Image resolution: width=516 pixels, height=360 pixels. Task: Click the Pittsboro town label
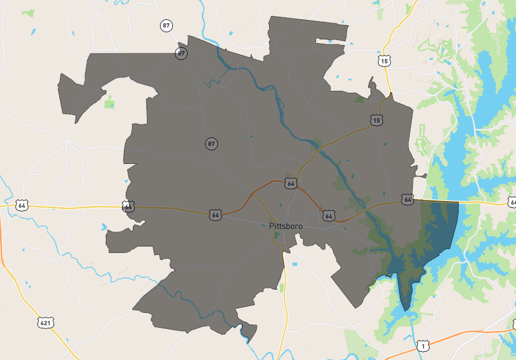coord(286,226)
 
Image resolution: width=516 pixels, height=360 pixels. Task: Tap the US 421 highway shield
coord(44,321)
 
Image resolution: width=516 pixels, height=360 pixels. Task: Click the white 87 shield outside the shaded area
coord(167,26)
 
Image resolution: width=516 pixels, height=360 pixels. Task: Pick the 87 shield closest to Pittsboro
coord(212,143)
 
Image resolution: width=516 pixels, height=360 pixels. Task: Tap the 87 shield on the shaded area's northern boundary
coord(182,54)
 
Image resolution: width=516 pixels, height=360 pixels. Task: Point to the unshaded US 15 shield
coord(384,61)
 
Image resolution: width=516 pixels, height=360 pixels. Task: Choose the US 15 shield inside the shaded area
coord(377,120)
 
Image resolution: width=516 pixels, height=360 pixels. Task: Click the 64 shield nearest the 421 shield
coord(23,206)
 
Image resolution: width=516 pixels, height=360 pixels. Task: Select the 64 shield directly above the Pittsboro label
coord(291,184)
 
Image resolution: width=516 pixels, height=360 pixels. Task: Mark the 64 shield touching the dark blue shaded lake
coord(407,200)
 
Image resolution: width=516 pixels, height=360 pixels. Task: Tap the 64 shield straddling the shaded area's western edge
coord(128,206)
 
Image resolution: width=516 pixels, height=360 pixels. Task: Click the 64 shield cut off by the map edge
coord(512,203)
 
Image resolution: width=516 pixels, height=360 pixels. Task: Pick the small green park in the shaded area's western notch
coord(109,102)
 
